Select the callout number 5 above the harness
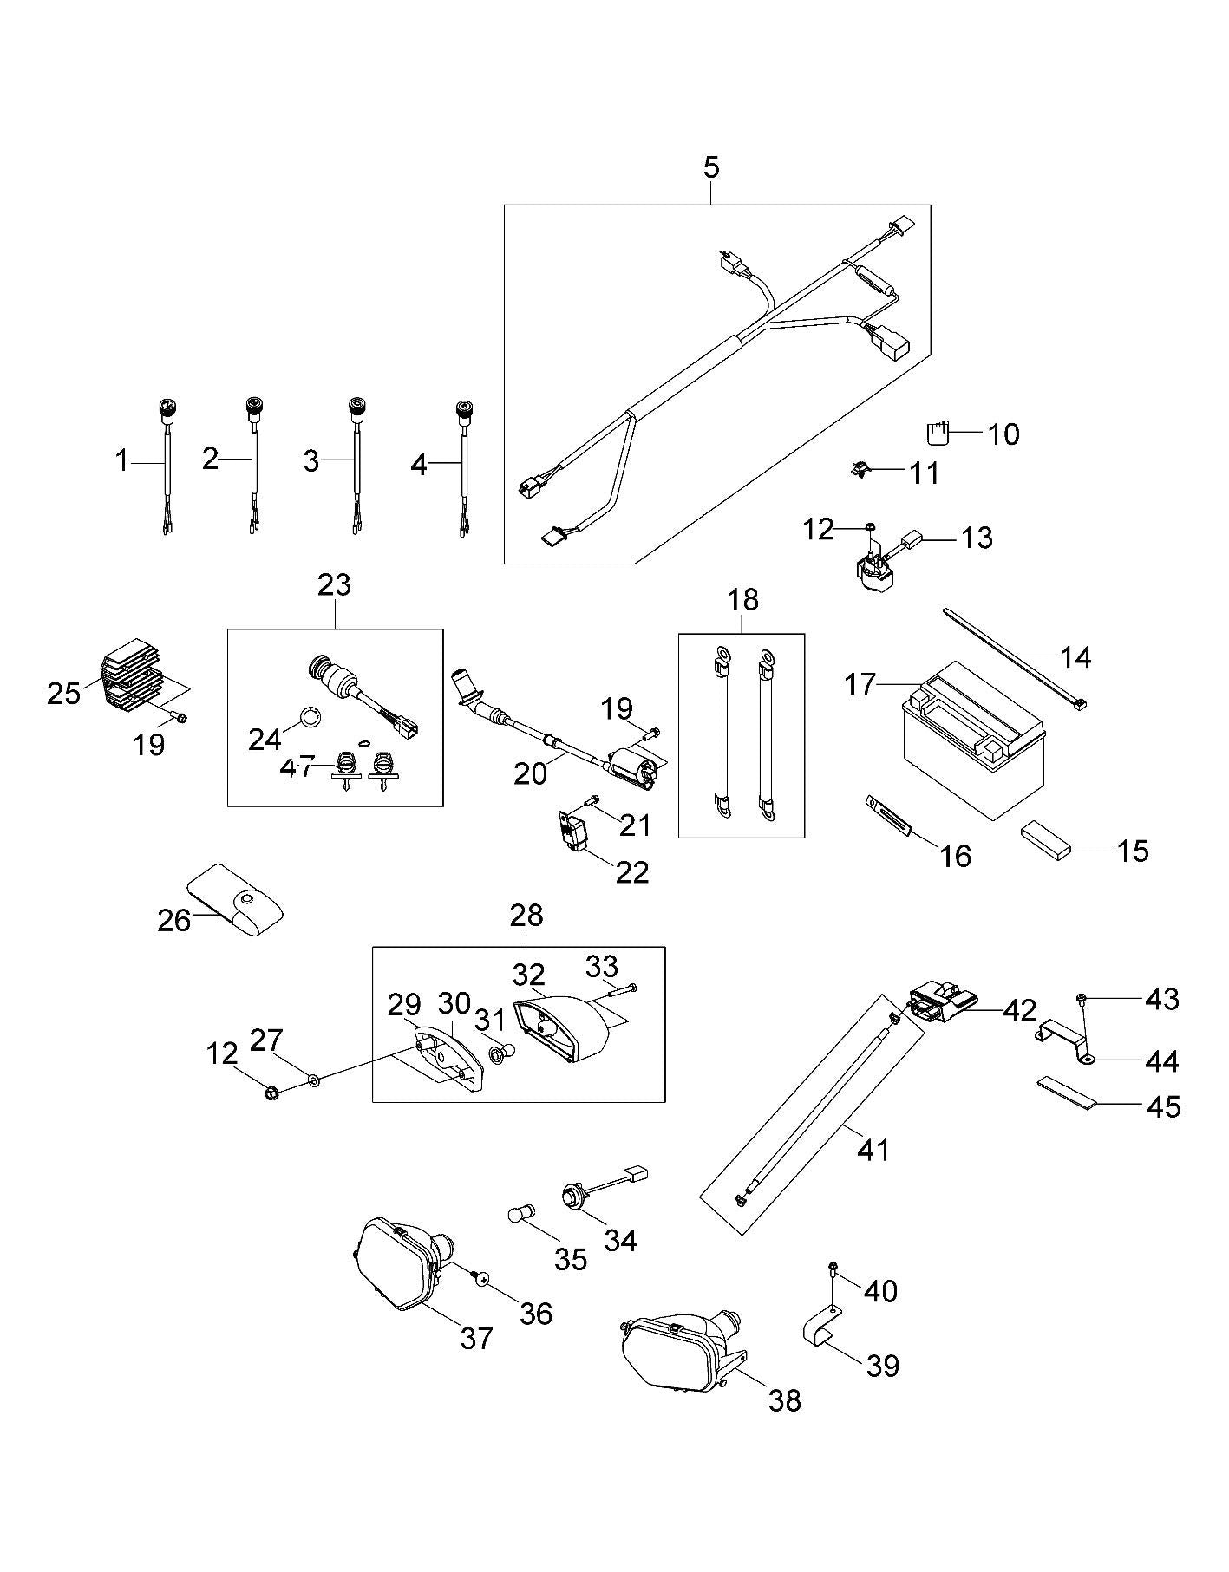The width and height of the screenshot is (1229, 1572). [711, 167]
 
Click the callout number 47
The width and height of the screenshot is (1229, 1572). [297, 768]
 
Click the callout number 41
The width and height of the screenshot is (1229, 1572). [873, 1151]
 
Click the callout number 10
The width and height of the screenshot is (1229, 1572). [1003, 434]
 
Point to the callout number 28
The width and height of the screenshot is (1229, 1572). [526, 915]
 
